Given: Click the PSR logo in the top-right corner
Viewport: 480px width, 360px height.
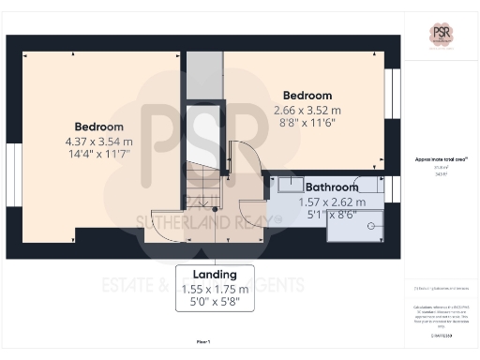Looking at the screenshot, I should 442,33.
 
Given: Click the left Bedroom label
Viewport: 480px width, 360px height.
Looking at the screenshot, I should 98,127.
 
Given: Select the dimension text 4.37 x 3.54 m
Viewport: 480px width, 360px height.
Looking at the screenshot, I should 98,142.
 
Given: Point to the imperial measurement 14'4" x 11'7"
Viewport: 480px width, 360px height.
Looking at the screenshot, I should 98,156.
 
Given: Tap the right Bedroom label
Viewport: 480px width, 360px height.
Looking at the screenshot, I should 307,96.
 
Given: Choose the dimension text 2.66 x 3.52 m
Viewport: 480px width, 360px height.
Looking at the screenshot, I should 307,111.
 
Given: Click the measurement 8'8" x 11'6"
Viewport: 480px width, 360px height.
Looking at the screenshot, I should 307,125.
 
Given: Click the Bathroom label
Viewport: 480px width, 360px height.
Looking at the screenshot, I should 332,187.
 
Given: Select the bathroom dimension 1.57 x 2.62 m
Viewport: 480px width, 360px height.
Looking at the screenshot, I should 332,202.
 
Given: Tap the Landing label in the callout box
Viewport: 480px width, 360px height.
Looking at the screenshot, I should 217,274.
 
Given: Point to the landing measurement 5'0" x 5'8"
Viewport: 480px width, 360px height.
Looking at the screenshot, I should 217,303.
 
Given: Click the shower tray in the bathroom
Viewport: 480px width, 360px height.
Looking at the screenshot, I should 354,226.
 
